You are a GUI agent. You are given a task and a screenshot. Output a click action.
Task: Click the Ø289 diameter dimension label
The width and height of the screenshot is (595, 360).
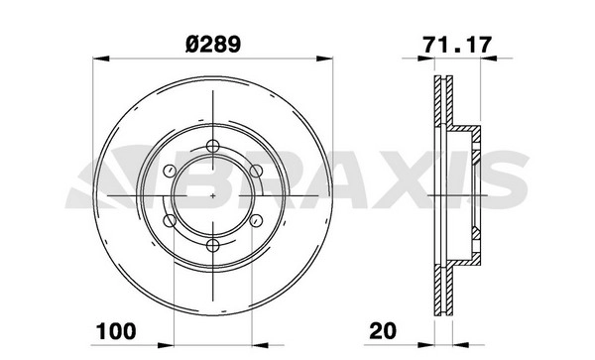pos(213,44)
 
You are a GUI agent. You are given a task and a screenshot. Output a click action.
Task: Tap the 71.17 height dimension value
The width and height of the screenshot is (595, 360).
pos(457,45)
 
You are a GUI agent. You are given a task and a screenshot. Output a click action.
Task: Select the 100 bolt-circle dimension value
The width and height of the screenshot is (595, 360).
pos(116,331)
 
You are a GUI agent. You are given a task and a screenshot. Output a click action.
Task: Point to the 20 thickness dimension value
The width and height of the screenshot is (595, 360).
pos(383,331)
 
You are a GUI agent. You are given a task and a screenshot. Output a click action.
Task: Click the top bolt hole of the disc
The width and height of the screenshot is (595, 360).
pos(213,146)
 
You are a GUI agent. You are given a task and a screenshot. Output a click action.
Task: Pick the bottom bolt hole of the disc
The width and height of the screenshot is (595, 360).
pos(213,245)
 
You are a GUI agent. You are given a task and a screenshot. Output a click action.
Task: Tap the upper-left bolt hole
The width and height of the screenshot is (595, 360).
pos(170,171)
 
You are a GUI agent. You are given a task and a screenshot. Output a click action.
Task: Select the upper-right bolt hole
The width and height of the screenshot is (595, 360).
pos(257,171)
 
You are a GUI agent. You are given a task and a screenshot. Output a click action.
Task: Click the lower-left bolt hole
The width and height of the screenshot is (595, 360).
pos(170,220)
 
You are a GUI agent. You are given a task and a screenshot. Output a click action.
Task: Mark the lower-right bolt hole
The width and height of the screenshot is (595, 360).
pos(257,220)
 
